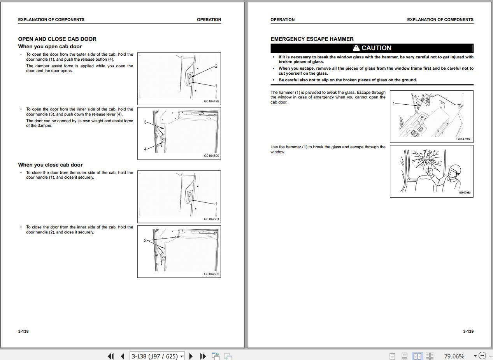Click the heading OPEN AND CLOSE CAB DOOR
57,39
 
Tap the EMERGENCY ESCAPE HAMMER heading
312,39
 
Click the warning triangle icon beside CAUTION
356,48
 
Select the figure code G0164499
211,101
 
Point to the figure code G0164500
211,156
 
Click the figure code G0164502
211,274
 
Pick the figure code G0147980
464,139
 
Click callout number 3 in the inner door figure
145,122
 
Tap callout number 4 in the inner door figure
145,149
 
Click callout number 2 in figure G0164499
216,66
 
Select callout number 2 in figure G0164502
145,241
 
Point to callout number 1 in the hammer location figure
394,104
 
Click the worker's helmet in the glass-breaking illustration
455,169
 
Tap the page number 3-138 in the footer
23,331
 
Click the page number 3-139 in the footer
468,331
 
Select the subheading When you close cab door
50,165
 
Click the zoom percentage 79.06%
454,356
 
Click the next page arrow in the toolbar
191,356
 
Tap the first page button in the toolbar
111,356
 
